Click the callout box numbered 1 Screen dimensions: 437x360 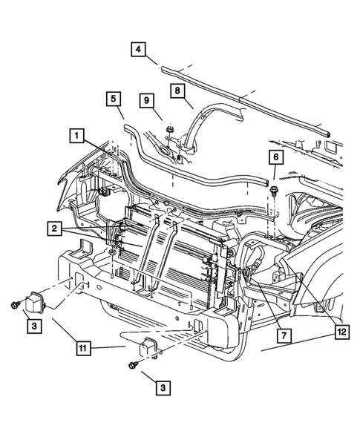point(76,136)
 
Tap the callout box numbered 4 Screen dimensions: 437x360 point(139,50)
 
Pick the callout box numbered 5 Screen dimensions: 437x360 point(114,99)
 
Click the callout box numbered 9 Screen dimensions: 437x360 point(147,99)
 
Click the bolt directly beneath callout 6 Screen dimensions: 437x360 point(274,191)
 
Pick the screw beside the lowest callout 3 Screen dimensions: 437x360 point(132,366)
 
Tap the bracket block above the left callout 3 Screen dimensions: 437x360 point(37,303)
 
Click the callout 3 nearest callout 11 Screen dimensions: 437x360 point(161,387)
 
